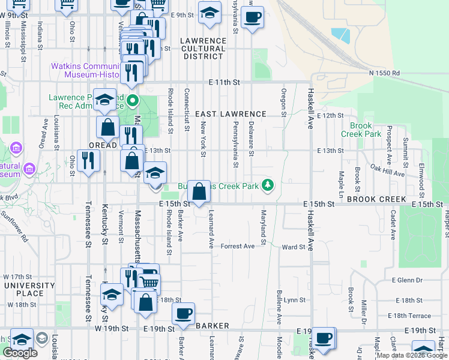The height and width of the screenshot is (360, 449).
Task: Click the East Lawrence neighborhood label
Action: coord(231,114)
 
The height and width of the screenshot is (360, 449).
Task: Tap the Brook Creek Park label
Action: coord(366,130)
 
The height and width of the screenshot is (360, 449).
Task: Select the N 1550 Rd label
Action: coord(384,73)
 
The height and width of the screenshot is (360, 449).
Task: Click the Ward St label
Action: coord(294,247)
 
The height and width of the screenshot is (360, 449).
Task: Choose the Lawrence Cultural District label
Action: coord(203,49)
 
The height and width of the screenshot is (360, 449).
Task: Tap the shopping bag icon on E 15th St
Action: coord(199,192)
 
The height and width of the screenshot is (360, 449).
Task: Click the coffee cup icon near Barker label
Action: coord(183,313)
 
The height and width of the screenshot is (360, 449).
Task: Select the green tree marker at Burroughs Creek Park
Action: coord(270,185)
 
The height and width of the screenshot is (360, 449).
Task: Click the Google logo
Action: coord(19,353)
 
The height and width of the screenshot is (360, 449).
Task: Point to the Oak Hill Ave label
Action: coord(387,170)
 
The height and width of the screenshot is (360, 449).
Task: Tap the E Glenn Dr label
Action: coord(407,280)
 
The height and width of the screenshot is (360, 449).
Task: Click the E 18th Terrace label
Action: coord(409,316)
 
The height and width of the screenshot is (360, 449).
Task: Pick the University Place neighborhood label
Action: coord(24,289)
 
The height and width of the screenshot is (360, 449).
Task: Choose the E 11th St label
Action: coord(224,82)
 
